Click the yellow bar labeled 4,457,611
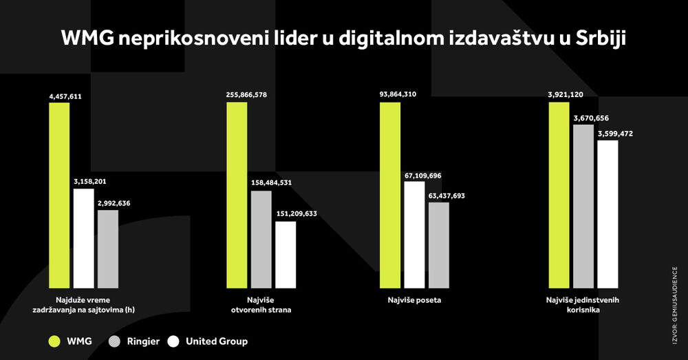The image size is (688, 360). pos(59,195)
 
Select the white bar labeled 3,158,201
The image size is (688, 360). pos(84,237)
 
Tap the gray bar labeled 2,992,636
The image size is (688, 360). pos(108,248)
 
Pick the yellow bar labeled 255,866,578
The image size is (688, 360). pos(237,195)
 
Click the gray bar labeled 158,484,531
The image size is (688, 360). pos(261,239)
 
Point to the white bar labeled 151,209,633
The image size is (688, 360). pos(286,254)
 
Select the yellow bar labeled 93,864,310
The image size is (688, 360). pos(390,195)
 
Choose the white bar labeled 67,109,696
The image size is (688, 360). pos(415,234)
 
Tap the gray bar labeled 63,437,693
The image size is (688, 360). pos(439,244)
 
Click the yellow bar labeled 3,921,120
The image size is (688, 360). pos(559,195)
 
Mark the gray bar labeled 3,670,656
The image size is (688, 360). pos(583,206)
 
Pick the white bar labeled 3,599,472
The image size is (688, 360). pos(608,213)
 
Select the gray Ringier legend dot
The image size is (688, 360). pos(116,341)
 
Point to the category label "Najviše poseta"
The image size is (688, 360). pos(414,301)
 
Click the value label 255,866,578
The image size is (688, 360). pos(251,94)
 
